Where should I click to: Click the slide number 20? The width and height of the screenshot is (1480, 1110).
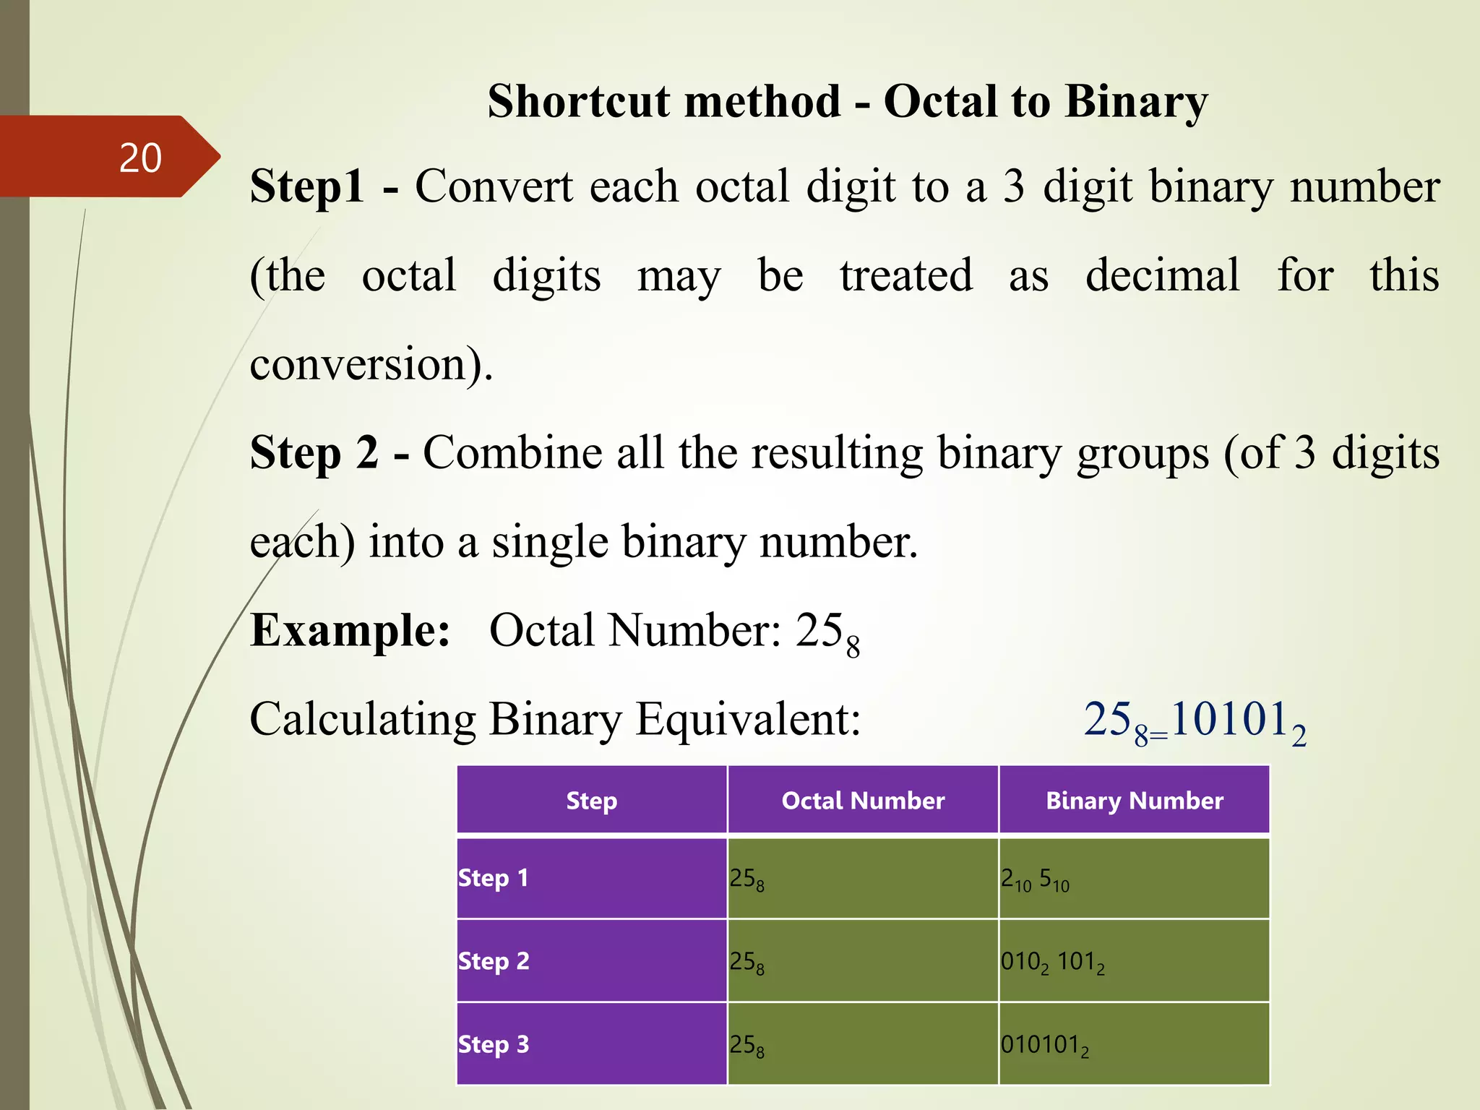pos(140,158)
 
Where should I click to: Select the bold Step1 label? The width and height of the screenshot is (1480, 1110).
pos(307,186)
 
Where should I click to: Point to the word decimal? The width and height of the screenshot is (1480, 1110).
pos(1162,275)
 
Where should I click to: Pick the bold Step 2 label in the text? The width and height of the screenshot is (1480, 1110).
pos(314,453)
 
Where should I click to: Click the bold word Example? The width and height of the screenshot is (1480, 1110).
pos(350,630)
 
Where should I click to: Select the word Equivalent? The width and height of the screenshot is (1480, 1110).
pos(748,720)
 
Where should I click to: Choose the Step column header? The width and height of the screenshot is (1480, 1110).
pos(591,801)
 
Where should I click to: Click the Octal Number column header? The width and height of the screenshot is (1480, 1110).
pos(863,801)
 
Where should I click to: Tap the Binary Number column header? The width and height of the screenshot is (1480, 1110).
pos(1135,801)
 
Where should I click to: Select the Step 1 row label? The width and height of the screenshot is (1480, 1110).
pos(494,878)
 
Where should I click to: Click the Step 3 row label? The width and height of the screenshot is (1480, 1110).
pos(494,1044)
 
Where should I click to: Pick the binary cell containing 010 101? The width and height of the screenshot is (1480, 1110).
pos(1052,962)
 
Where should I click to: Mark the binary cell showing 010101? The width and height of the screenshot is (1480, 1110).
pos(1044,1045)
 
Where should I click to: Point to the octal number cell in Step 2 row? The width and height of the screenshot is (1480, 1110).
pos(747,962)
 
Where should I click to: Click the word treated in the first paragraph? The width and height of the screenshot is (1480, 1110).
pos(906,275)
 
